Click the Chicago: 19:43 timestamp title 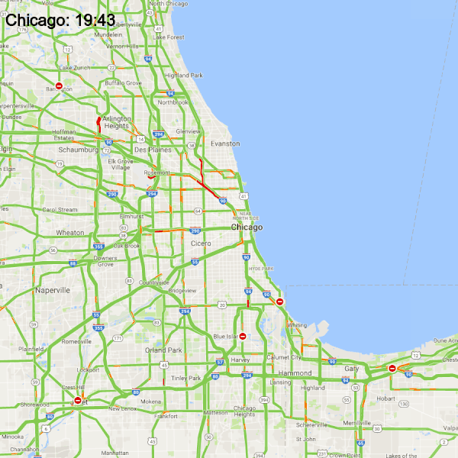(60, 20)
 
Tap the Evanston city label (224, 144)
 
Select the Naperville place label (52, 290)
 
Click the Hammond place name (295, 373)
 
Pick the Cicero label (201, 244)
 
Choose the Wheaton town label (70, 233)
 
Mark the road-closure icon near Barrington (59, 85)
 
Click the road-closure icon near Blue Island (243, 336)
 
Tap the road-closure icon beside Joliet (77, 400)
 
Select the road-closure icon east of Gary (392, 368)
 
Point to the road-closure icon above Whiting (280, 302)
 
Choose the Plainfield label (31, 349)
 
